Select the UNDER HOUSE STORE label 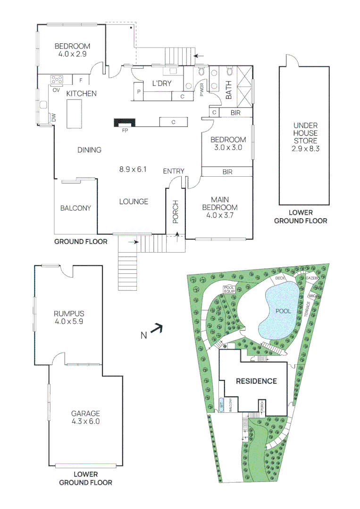[306, 133]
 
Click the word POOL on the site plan [283, 311]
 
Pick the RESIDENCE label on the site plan [256, 381]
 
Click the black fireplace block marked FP [125, 123]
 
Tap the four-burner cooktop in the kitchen [57, 80]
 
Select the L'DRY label [161, 84]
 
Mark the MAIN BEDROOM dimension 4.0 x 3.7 [220, 215]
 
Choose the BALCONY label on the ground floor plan [75, 208]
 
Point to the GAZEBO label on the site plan [312, 279]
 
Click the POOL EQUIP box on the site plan [229, 289]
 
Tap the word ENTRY [174, 171]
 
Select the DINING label [90, 150]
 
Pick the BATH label [228, 89]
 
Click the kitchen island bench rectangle [73, 114]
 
